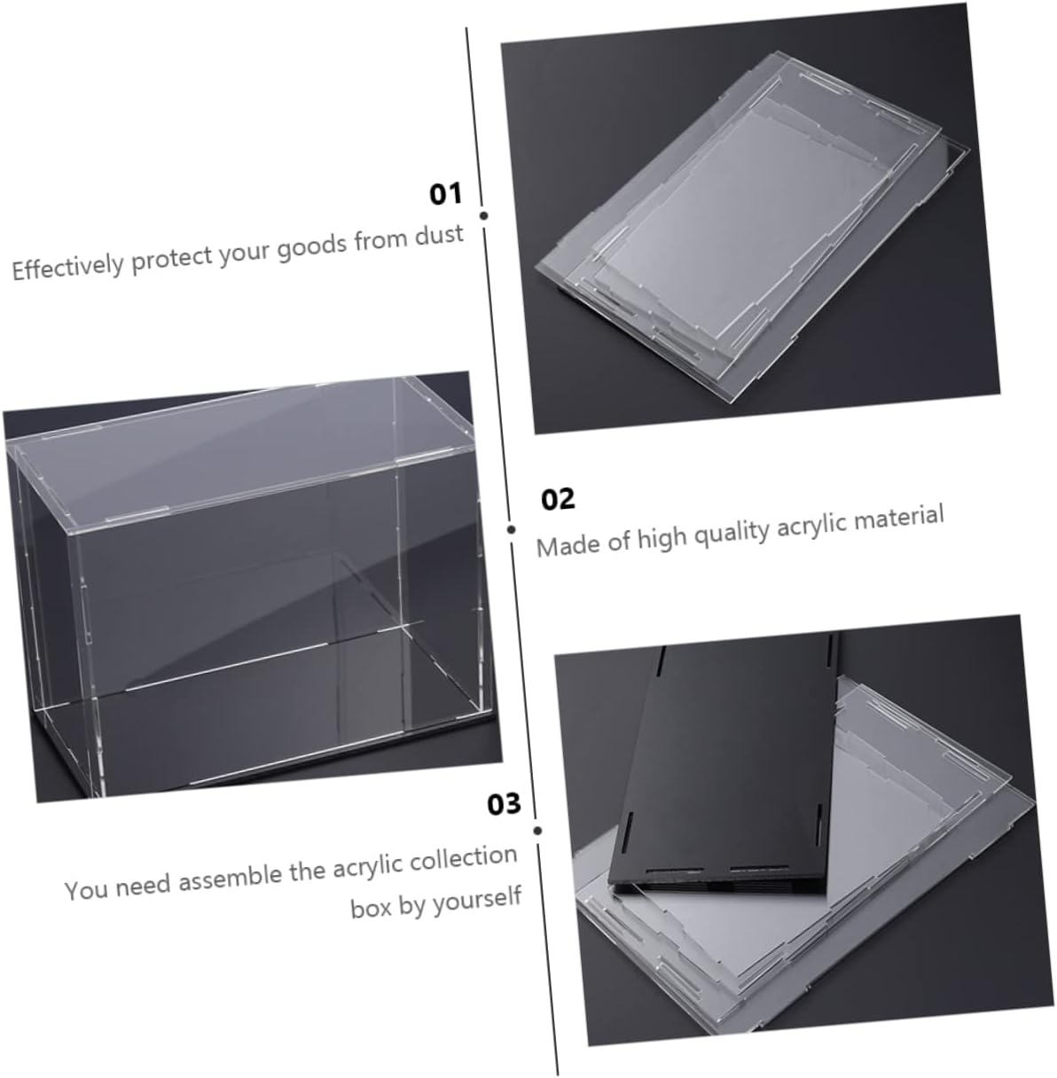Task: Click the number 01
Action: (446, 194)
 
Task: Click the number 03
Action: (504, 804)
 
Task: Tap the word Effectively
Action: (67, 268)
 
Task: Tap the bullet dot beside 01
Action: (484, 215)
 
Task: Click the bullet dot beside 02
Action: (512, 529)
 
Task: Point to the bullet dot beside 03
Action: (537, 831)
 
